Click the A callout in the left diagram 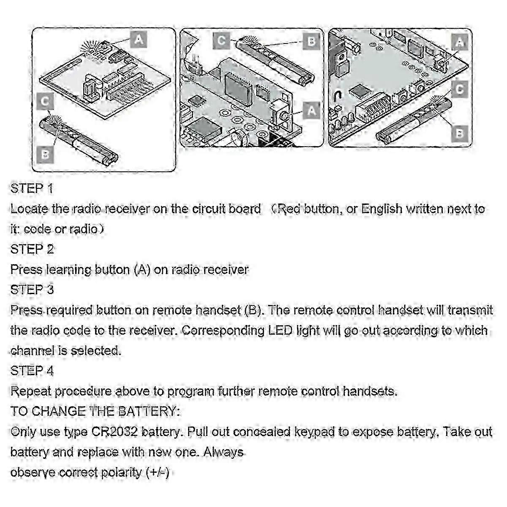[x=139, y=40]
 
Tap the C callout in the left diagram [x=45, y=101]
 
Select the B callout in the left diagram [x=45, y=155]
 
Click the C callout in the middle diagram [x=221, y=41]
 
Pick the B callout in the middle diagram [x=311, y=41]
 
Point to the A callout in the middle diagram [x=311, y=111]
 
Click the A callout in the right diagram [x=460, y=42]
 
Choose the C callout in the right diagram [x=460, y=89]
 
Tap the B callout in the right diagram [x=459, y=134]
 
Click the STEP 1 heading [x=32, y=188]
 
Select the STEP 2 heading [x=32, y=249]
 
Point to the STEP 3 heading [x=32, y=290]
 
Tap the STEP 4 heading [x=32, y=371]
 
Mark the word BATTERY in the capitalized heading [x=147, y=411]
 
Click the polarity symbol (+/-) [x=158, y=472]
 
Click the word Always [x=224, y=452]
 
